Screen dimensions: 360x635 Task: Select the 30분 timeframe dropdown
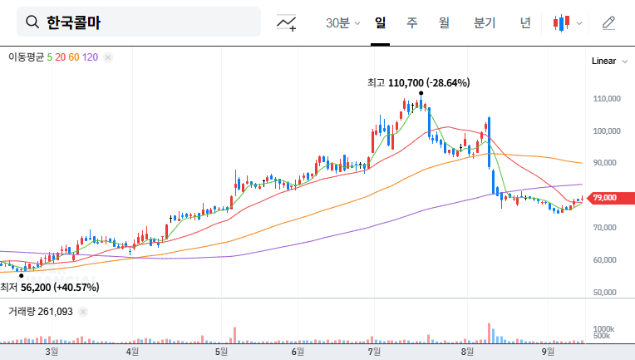click(342, 23)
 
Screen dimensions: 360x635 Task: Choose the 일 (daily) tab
click(380, 23)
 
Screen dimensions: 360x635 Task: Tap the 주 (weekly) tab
click(411, 23)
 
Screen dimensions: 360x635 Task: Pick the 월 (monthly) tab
click(444, 23)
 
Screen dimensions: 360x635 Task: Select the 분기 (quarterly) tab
click(484, 23)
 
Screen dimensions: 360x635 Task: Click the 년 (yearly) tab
click(525, 23)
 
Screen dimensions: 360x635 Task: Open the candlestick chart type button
click(567, 23)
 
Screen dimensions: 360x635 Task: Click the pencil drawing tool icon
click(608, 23)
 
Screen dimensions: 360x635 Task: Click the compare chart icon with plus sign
click(288, 23)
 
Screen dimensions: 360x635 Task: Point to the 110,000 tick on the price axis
click(608, 99)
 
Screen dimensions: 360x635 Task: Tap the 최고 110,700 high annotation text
click(418, 82)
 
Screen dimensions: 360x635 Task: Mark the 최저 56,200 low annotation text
click(50, 288)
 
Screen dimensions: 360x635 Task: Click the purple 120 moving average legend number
click(91, 57)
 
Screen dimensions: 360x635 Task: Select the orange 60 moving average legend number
click(74, 57)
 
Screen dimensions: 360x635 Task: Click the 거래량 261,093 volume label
click(41, 311)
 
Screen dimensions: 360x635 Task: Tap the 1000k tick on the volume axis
click(603, 329)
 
